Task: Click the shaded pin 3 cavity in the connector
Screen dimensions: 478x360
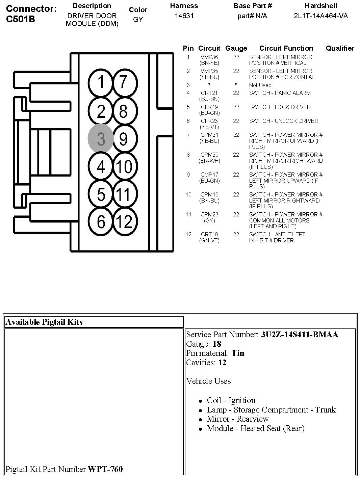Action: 101,138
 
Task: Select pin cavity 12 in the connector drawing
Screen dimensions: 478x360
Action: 123,222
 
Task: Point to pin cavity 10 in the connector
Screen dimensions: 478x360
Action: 123,166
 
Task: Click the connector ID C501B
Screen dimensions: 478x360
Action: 20,19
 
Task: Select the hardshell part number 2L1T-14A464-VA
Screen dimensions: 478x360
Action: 320,16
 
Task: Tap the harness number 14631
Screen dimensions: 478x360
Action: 184,16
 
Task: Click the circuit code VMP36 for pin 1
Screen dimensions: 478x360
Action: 209,57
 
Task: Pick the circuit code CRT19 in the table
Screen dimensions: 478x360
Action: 209,234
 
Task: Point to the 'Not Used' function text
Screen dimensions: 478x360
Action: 260,85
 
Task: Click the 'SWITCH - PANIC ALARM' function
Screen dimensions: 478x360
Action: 280,93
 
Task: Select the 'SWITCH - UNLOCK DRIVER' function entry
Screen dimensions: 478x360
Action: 283,121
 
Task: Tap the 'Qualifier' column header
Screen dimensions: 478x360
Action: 340,48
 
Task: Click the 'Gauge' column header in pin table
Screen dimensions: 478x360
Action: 236,48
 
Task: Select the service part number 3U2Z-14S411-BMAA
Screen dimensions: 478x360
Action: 299,335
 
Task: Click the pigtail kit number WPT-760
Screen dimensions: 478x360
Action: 105,469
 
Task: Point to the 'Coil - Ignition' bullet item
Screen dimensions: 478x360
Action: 231,400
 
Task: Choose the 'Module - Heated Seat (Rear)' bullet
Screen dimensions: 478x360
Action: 256,428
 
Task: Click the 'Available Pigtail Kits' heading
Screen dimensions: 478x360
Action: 44,322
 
